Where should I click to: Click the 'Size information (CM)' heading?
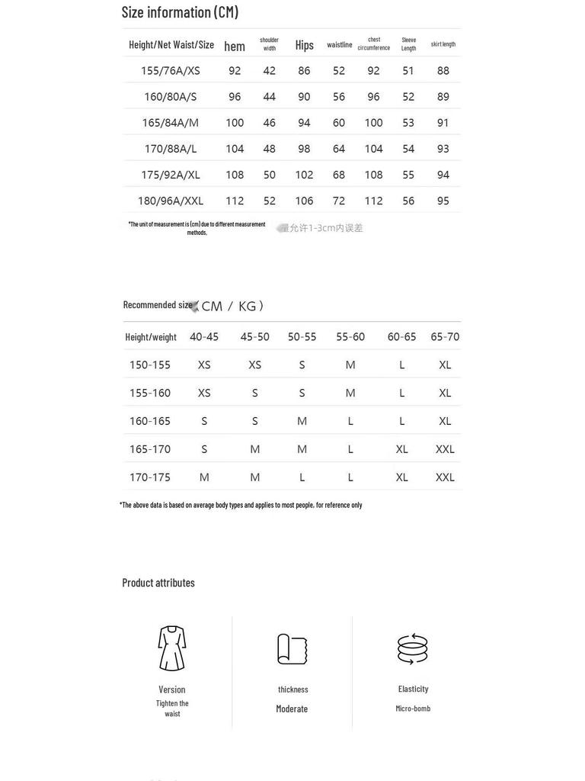point(180,12)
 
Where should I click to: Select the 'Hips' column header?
point(304,45)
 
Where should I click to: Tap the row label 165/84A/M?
point(170,123)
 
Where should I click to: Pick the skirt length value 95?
point(443,201)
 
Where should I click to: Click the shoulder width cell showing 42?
point(269,71)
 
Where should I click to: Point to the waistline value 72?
point(339,201)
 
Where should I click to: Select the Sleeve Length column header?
point(408,44)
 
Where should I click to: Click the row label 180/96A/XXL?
point(171,201)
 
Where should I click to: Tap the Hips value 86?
point(304,71)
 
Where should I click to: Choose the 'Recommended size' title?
point(158,305)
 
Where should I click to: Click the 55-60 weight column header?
point(350,337)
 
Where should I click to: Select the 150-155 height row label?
point(150,365)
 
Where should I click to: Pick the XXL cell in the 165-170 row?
point(445,449)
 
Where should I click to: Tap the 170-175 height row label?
point(150,477)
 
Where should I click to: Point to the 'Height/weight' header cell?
point(151,337)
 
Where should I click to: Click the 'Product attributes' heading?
point(158,583)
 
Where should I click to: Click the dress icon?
point(172,648)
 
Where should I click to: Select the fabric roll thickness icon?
point(292,649)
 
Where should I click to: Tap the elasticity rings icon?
point(413,648)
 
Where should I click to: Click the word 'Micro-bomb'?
point(413,709)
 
